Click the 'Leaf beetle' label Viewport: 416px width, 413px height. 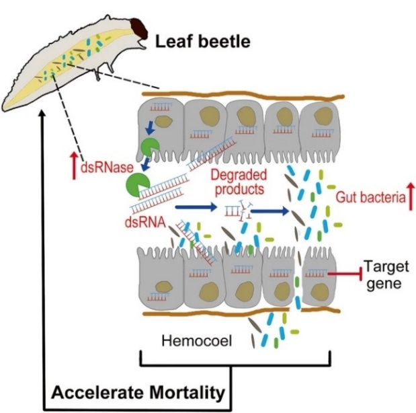click(203, 42)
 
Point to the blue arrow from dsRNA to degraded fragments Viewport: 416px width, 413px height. click(196, 209)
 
